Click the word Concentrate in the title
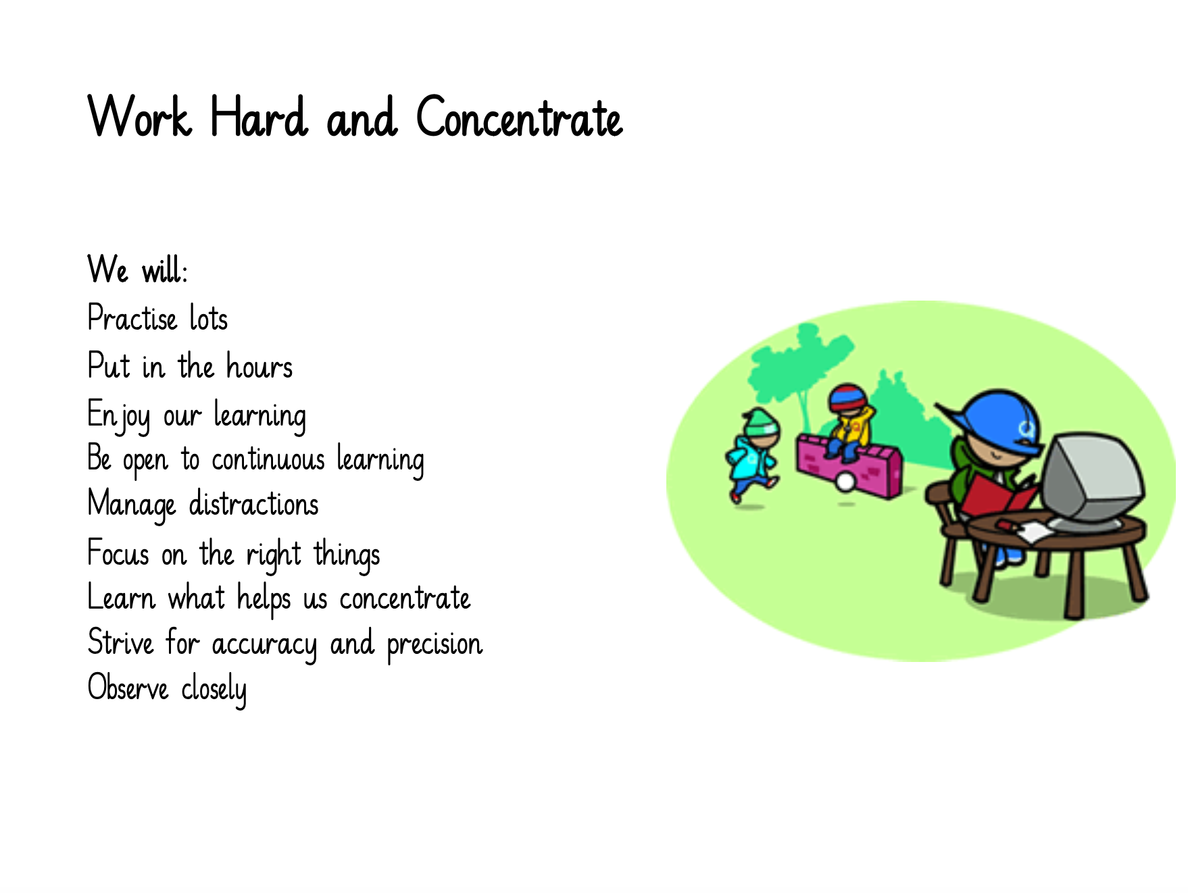click(x=519, y=117)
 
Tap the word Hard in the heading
click(x=259, y=116)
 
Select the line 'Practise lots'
click(x=158, y=317)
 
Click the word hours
click(x=259, y=366)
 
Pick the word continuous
click(x=268, y=460)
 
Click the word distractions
click(x=253, y=504)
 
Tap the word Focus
click(x=118, y=553)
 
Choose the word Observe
click(x=128, y=688)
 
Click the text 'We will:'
click(x=138, y=269)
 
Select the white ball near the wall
click(x=845, y=481)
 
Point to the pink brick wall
click(x=849, y=467)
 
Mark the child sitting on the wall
click(x=848, y=422)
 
